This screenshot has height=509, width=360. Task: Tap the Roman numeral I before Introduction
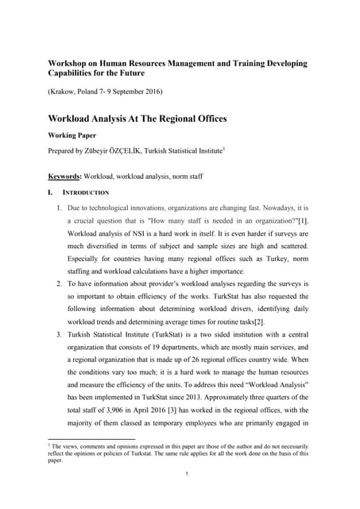pos(52,193)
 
